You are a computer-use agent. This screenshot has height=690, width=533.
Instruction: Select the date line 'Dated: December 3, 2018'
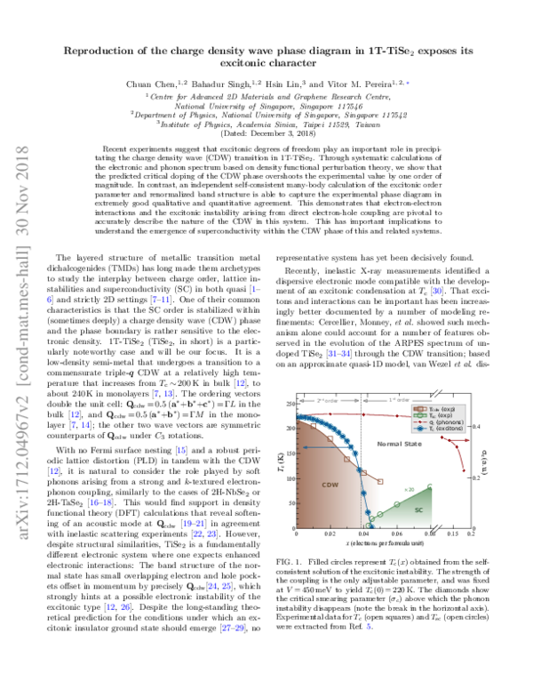(266, 132)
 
